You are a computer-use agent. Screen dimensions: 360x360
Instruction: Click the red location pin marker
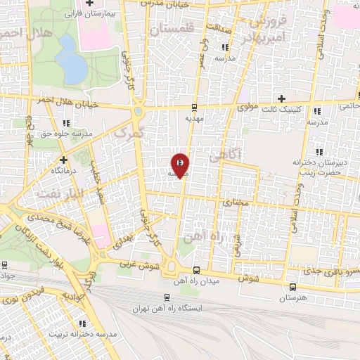click(181, 165)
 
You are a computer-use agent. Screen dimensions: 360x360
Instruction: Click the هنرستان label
click(293, 299)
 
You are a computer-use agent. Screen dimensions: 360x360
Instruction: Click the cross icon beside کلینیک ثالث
click(282, 98)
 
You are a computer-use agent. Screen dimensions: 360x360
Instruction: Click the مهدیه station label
click(194, 119)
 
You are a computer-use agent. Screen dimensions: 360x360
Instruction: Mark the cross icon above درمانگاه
click(63, 160)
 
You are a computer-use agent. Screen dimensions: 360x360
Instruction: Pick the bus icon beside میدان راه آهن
click(196, 271)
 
